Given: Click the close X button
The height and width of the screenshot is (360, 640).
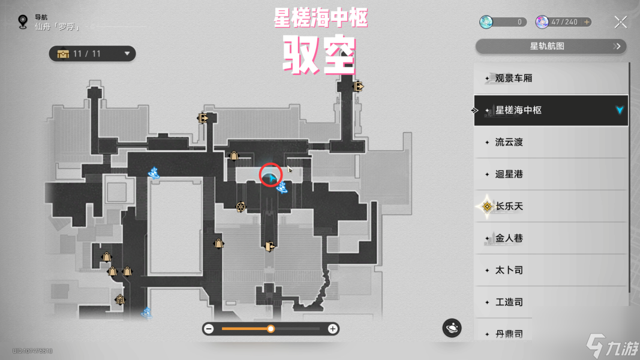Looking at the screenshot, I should click(621, 23).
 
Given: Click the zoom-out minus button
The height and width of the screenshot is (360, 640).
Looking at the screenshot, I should click(209, 329).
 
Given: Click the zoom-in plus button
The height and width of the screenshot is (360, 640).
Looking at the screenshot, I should click(332, 329).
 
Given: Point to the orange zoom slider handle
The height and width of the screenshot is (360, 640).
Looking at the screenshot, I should click(271, 329).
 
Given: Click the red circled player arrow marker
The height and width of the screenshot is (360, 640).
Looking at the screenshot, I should click(271, 176).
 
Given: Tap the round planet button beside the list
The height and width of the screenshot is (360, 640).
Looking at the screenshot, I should click(452, 328).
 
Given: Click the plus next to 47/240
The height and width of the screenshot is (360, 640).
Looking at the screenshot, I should click(587, 22).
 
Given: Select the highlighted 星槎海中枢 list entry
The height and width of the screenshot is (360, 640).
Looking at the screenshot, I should click(550, 110).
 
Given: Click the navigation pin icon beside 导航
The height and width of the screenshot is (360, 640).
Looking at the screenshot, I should click(23, 22).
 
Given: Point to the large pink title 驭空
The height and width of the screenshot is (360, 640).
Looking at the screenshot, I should click(320, 56).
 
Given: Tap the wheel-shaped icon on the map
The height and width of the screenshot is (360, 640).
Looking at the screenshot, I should click(241, 206).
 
